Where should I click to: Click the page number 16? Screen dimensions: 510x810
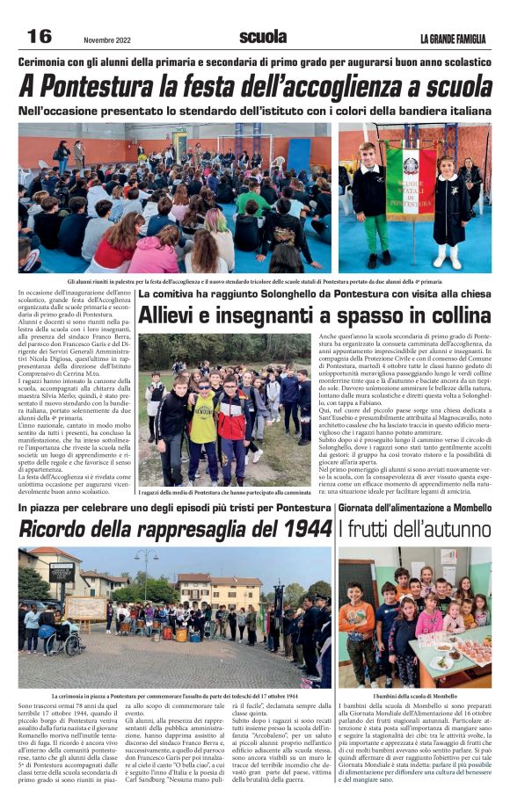point(40,37)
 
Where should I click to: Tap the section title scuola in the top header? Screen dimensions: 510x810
point(263,37)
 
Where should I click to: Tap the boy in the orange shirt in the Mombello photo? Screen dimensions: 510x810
point(356,619)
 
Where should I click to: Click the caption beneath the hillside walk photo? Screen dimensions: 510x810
point(223,493)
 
